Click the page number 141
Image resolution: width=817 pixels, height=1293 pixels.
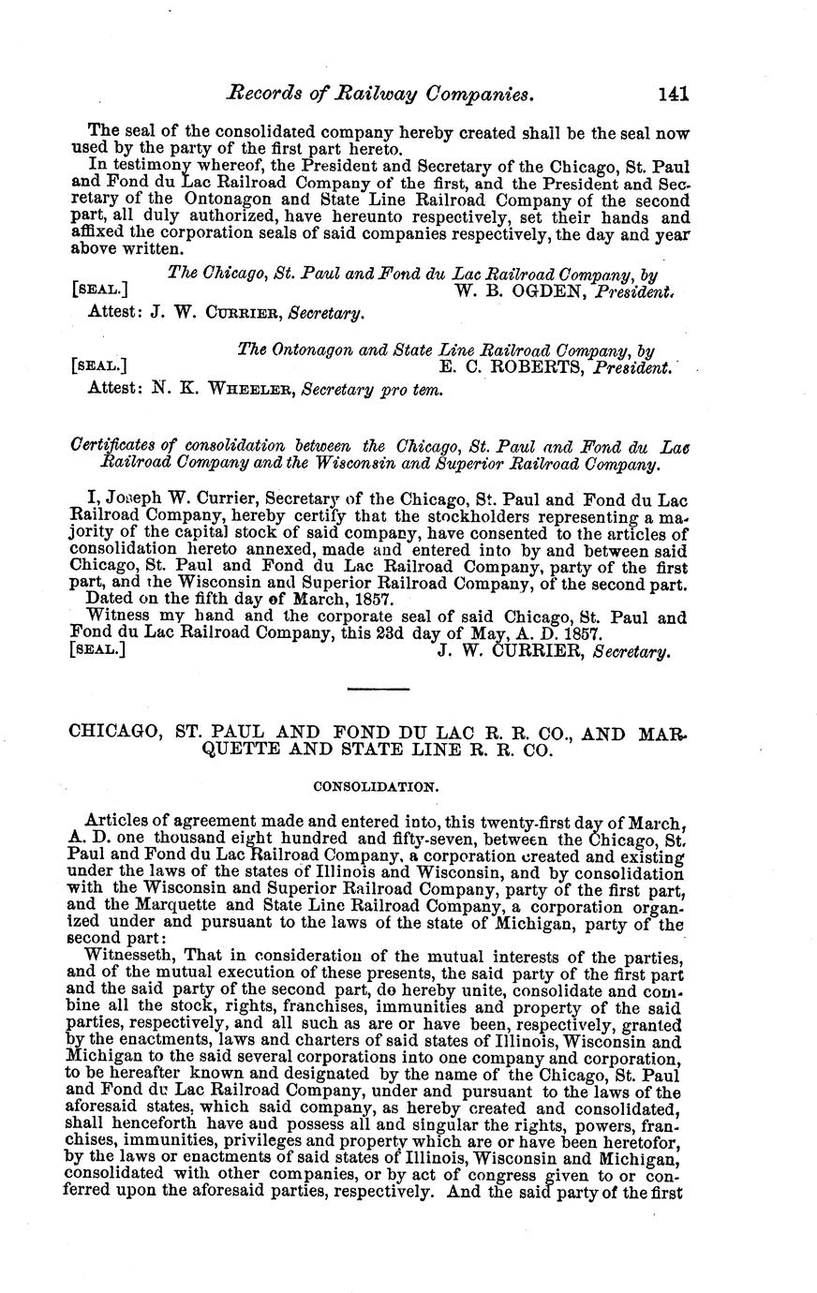674,94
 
